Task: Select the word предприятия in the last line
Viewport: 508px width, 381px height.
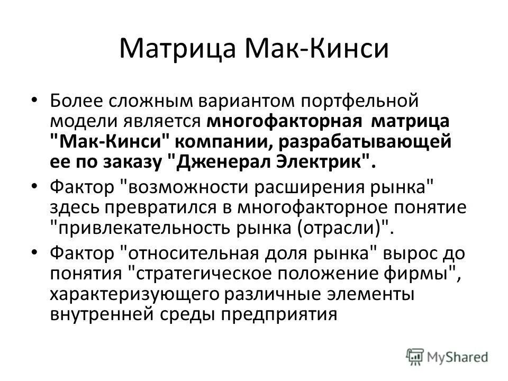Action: click(277, 314)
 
